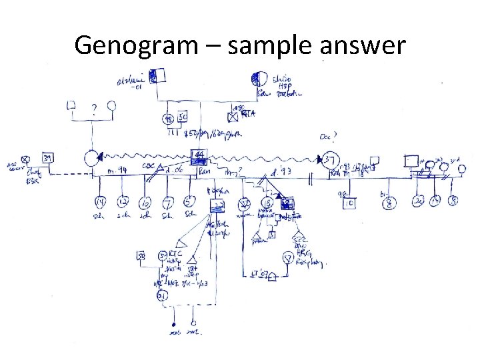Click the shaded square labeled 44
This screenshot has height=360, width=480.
(x=198, y=157)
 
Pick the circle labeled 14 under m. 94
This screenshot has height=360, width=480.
(x=100, y=203)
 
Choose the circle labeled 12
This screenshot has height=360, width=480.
(x=122, y=203)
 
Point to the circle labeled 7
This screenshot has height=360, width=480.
(x=168, y=203)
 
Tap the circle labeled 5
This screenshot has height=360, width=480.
(x=190, y=203)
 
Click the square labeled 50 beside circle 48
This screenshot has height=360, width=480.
(x=182, y=118)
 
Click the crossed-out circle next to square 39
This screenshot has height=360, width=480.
(x=25, y=159)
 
